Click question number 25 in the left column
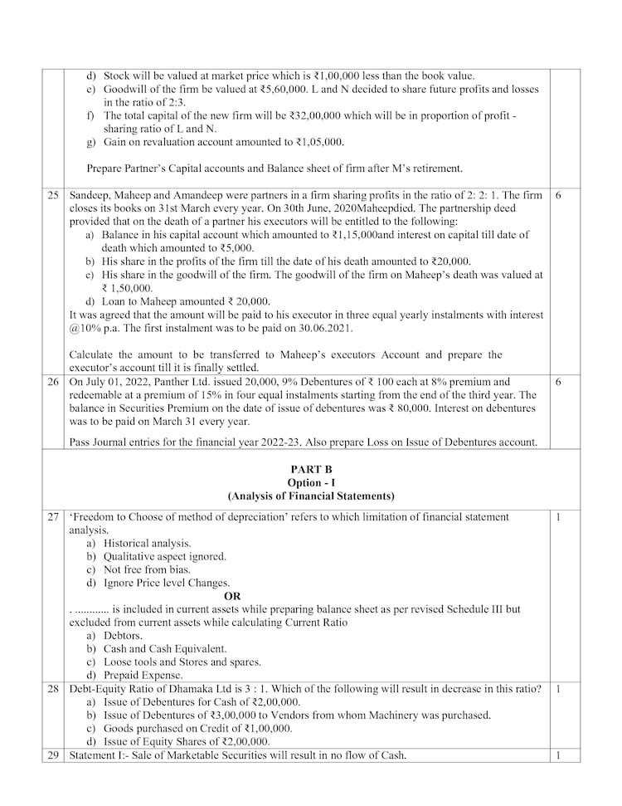tap(53, 194)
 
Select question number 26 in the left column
tap(53, 382)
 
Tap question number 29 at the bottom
tap(53, 755)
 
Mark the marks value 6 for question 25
tap(558, 194)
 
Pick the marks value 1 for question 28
tap(558, 689)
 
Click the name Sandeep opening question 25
tap(90, 194)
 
